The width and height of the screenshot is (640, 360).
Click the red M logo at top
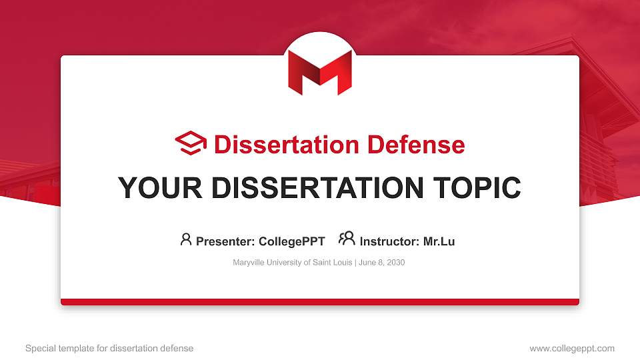click(x=319, y=71)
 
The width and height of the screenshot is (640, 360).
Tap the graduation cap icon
click(x=191, y=143)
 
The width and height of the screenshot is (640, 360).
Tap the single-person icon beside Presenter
click(x=186, y=239)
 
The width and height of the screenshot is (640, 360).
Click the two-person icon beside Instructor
click(x=347, y=239)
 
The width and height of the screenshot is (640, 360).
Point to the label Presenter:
click(x=223, y=242)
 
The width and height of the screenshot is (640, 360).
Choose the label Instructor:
click(x=389, y=242)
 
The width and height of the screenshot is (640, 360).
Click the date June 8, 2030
click(x=381, y=263)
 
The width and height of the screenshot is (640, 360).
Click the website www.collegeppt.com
click(x=571, y=348)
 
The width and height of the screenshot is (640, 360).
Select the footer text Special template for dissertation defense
click(x=109, y=348)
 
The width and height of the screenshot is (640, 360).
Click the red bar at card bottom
click(x=319, y=302)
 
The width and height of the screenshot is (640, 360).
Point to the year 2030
click(x=395, y=263)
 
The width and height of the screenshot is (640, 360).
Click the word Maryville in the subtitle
click(x=248, y=263)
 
